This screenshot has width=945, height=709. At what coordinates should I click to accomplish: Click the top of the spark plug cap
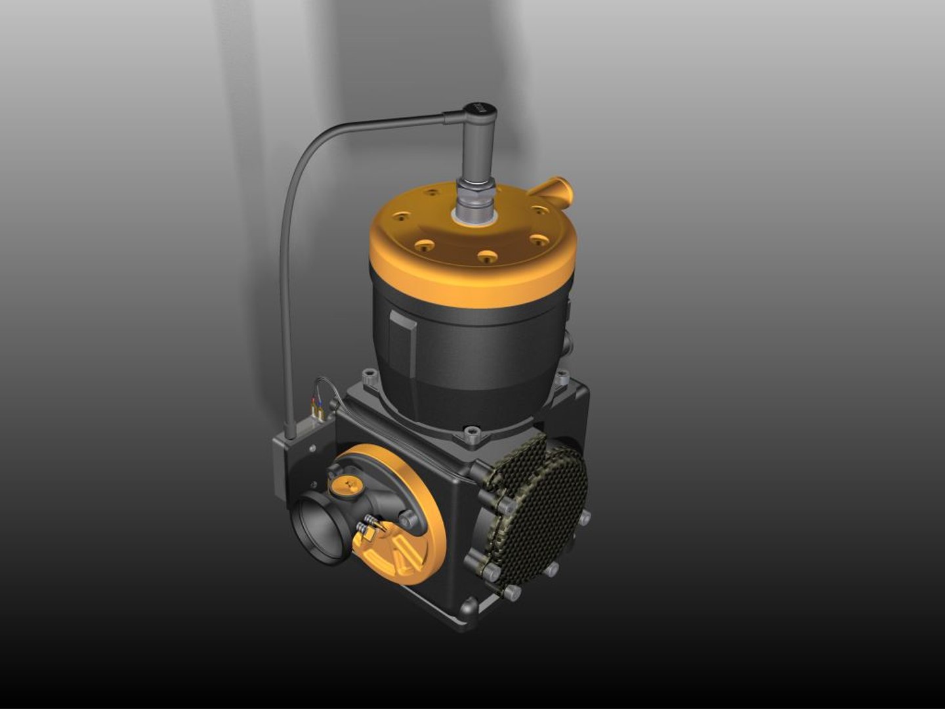point(479,109)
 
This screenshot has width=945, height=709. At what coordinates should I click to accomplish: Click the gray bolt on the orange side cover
point(409,519)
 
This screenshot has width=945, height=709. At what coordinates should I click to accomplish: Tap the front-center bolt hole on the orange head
point(486,257)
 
